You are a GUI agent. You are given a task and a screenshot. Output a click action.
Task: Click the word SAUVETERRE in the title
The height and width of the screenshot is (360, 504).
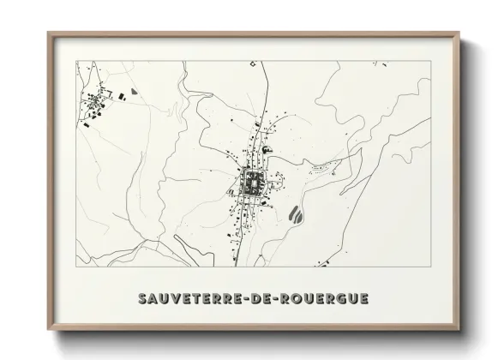click(x=190, y=299)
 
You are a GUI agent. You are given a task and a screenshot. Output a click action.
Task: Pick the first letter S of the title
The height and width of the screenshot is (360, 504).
click(x=142, y=299)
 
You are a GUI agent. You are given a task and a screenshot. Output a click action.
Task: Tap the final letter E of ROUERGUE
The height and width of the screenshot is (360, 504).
click(x=364, y=299)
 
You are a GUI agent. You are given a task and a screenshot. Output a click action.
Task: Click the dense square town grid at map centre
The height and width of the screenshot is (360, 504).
click(x=254, y=182)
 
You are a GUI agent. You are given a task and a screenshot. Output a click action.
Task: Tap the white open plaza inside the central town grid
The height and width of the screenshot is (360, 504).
click(x=255, y=181)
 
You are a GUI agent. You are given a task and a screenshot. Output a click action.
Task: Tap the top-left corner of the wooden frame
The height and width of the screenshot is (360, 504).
click(x=49, y=33)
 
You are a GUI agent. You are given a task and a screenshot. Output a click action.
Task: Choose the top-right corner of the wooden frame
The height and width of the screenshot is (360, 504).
click(x=459, y=33)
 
